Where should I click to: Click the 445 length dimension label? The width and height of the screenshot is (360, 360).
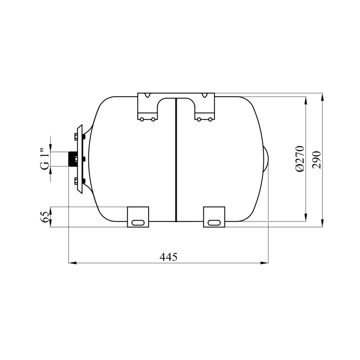tap(168, 257)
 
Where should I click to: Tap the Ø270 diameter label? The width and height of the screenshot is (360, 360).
tap(300, 159)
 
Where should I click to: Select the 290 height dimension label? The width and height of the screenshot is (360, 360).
tap(316, 160)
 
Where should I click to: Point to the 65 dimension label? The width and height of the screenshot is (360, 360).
tap(45, 217)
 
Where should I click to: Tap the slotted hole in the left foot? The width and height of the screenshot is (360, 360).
tap(138, 223)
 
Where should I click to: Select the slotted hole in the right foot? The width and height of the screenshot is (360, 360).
tap(215, 223)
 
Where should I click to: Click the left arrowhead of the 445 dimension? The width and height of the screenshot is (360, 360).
tap(72, 263)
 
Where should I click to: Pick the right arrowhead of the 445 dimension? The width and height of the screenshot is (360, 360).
tap(265, 263)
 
